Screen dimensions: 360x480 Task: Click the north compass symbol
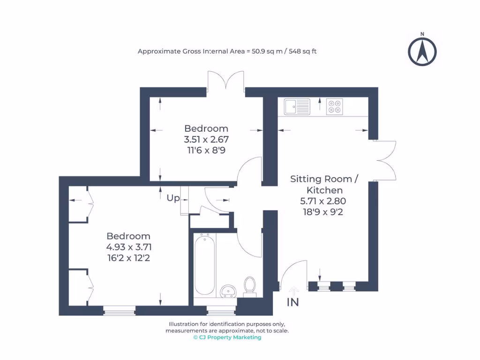coord(422,51)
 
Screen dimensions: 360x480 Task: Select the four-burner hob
coord(334,106)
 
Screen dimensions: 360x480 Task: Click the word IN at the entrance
coord(293,302)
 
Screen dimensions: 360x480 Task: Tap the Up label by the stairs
coord(173,198)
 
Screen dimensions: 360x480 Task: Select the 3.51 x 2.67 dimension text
coord(206,139)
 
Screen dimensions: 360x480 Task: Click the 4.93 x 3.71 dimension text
coord(128,247)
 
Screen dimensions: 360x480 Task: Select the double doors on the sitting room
coord(386,161)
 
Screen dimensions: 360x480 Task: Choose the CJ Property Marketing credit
coord(227,337)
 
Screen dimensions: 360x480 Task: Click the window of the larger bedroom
coord(119,310)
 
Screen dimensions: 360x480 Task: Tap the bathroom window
coord(221,310)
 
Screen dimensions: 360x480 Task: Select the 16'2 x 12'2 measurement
coord(128,257)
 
